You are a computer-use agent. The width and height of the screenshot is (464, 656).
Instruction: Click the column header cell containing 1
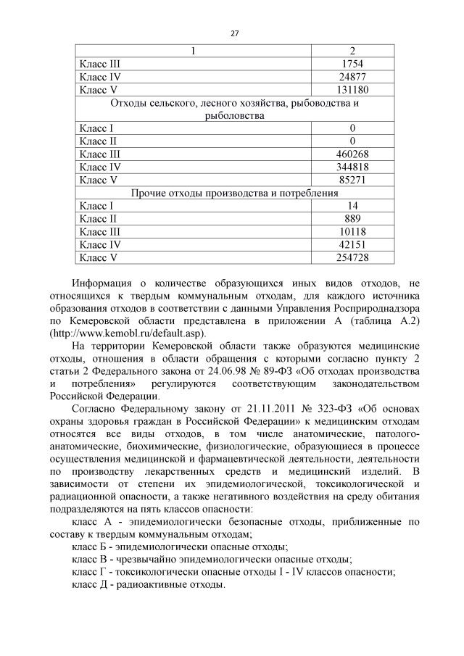pos(193,51)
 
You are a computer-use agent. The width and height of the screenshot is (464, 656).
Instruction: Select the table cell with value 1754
pos(352,64)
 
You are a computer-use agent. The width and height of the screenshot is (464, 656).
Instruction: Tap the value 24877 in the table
pos(352,77)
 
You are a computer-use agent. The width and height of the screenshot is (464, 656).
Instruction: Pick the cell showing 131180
pos(352,90)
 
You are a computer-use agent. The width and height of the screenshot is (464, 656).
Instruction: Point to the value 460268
pos(352,154)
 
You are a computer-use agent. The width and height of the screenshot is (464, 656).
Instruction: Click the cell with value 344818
pos(352,167)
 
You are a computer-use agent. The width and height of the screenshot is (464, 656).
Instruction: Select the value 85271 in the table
pos(352,180)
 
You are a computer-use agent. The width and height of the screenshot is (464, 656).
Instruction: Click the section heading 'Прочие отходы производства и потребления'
pos(235,193)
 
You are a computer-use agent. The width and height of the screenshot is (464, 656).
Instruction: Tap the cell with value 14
pos(352,206)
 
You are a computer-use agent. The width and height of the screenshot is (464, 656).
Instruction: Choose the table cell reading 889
pos(352,219)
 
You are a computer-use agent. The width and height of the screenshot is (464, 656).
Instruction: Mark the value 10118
pos(352,232)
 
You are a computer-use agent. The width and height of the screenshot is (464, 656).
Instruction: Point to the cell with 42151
pos(352,245)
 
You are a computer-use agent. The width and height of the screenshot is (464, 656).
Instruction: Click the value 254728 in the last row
pos(352,258)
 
